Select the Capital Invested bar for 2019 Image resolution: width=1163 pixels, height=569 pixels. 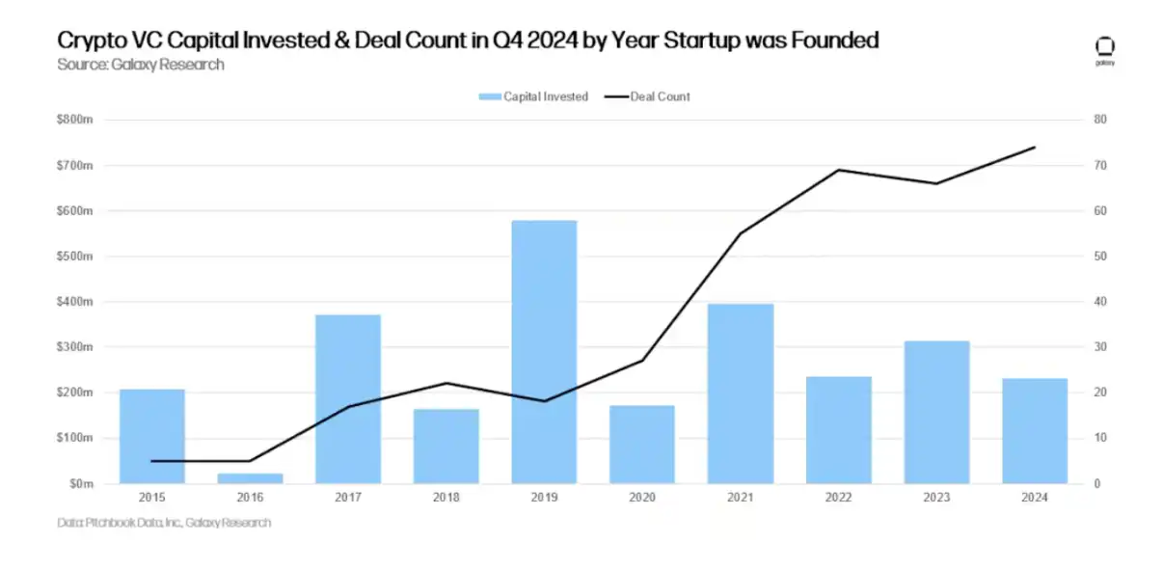click(x=544, y=352)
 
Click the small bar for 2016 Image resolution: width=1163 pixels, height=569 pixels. click(x=250, y=477)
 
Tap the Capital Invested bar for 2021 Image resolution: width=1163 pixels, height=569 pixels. click(x=740, y=393)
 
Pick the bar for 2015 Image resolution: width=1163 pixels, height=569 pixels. click(x=152, y=436)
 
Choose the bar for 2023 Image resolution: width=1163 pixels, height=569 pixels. click(x=935, y=412)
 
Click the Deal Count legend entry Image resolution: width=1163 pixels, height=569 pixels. click(x=647, y=96)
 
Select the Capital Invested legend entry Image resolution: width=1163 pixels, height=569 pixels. click(x=533, y=96)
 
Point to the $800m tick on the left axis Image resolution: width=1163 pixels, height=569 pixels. click(x=75, y=120)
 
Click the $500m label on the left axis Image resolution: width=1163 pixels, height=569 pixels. click(x=75, y=257)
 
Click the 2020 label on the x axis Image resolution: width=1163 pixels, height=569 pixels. click(x=642, y=498)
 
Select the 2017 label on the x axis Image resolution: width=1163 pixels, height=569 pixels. click(x=348, y=498)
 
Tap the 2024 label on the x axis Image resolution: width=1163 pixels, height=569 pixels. click(x=1034, y=498)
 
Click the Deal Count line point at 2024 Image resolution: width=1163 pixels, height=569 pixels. click(x=1034, y=148)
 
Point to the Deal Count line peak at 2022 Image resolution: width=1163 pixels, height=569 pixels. click(x=838, y=170)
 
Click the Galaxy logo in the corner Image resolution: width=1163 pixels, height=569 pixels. click(x=1105, y=50)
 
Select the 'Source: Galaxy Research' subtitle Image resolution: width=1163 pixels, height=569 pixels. click(x=141, y=65)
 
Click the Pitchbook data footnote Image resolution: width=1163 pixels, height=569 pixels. click(x=164, y=523)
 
